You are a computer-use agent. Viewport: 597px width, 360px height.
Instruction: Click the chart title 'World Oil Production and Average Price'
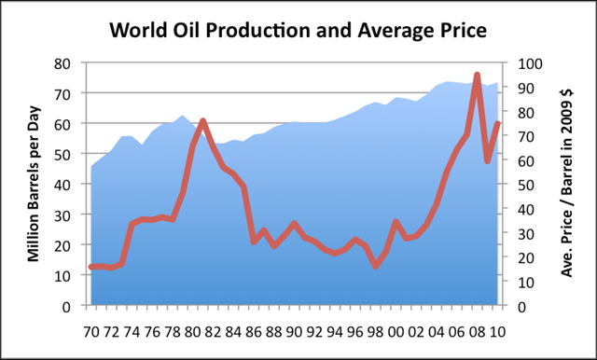pos(298,30)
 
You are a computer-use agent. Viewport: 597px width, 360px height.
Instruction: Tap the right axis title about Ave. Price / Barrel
pos(567,184)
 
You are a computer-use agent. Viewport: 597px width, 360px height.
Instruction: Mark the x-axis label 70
pos(90,330)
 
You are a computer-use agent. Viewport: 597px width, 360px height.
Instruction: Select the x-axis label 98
pos(376,330)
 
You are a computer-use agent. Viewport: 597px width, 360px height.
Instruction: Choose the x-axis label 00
pos(396,330)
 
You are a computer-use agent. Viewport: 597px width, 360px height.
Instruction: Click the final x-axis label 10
pos(497,330)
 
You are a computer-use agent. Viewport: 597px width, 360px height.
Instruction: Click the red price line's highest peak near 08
pos(478,76)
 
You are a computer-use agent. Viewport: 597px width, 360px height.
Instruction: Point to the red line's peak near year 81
pos(203,121)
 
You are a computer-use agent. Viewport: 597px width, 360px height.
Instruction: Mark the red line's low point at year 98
pos(376,266)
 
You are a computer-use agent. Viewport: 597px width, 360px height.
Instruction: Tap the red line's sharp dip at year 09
pos(487,160)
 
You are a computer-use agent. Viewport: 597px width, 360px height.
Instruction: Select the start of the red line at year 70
pos(90,267)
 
